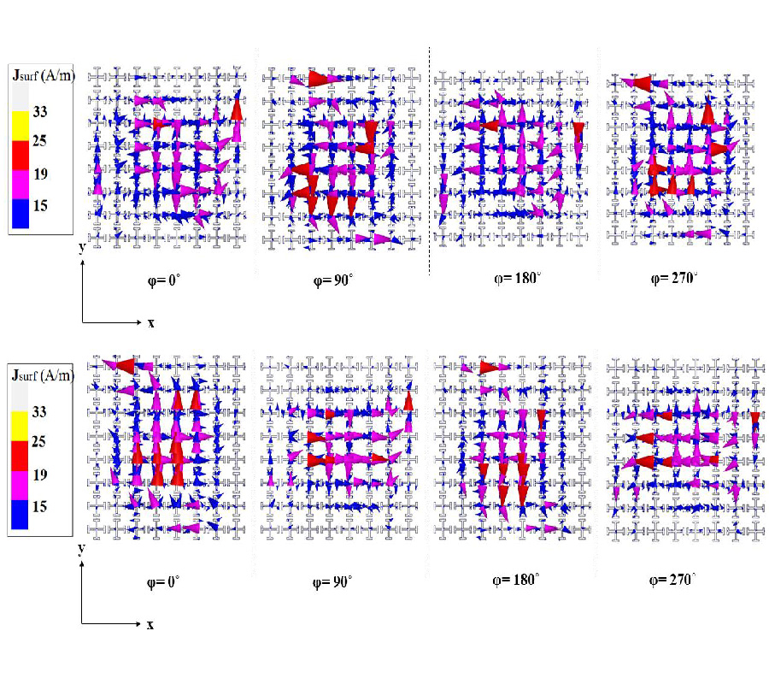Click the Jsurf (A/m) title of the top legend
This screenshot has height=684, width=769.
pos(43,77)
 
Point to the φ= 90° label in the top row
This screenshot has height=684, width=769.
pos(337,279)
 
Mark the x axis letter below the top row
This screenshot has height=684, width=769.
pos(150,323)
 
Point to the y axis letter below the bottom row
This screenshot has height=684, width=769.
pos(80,547)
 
